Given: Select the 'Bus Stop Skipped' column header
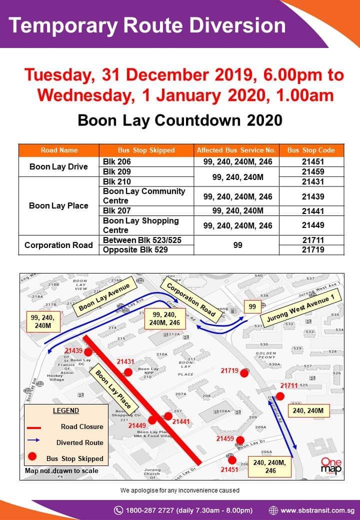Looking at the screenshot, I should [146, 150].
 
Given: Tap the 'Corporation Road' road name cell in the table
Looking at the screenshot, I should [58, 245].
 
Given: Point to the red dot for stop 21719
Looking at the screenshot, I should [244, 372].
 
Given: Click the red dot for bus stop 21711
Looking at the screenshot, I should [280, 396].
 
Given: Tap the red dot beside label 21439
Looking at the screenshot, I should [87, 352].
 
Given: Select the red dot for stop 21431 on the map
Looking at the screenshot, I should [128, 372].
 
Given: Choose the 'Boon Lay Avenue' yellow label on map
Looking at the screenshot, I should [104, 297].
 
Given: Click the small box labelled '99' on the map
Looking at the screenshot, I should [252, 306].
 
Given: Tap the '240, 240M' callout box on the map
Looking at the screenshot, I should [308, 411].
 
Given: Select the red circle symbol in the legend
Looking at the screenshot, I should [33, 457].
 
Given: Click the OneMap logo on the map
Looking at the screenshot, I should [331, 466].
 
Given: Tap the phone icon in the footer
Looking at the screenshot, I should [118, 510].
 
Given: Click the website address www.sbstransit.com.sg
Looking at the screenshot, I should [317, 510].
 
